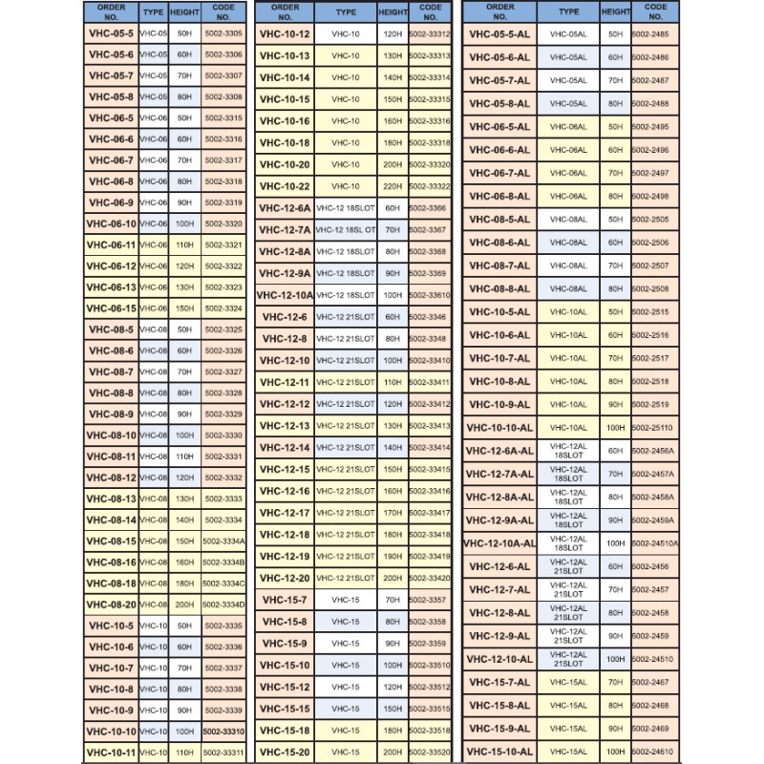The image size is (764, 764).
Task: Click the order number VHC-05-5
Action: pos(110,33)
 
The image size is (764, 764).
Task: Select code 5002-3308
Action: pos(223,96)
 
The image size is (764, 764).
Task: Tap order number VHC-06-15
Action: pos(110,308)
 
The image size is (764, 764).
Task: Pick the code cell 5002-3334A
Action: pos(223,541)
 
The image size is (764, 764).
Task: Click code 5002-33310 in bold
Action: pos(223,732)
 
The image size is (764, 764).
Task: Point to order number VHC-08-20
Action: pos(110,605)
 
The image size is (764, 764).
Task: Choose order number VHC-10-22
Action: pos(285,186)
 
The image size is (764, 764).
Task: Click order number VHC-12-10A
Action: pos(285,295)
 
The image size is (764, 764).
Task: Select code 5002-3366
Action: pos(426,207)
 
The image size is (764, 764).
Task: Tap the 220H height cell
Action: pos(392,186)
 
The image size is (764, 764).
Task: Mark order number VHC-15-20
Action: pos(285,752)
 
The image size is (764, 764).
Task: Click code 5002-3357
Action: pos(426,600)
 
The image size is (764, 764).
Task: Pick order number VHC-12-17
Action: pos(285,513)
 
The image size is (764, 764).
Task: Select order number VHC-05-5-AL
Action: pos(499,33)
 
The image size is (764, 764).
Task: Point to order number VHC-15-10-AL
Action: pos(499,752)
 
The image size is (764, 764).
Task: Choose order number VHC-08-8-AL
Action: pos(499,288)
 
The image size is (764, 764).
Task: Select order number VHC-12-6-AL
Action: pos(499,566)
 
